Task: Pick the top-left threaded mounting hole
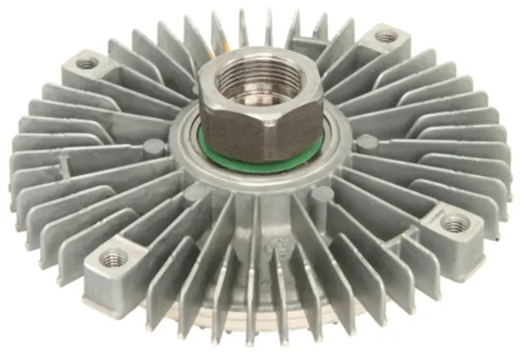click(x=86, y=63)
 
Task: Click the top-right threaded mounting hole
click(x=386, y=37)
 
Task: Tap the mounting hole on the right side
click(x=453, y=222)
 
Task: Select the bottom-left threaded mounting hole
click(x=113, y=259)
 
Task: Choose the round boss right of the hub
click(x=367, y=142)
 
